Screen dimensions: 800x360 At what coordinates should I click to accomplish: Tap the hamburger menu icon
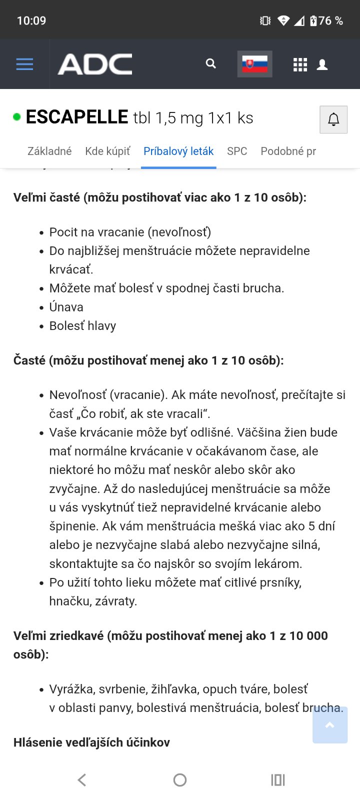pos(24,64)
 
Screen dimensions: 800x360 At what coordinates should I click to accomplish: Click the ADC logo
pos(95,64)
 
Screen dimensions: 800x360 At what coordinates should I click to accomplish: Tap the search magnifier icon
pos(211,64)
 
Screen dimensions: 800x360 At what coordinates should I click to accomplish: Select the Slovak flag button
pos(254,64)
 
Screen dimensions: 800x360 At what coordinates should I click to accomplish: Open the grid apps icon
pos(300,64)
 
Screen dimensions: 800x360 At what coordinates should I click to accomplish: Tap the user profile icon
pos(322,64)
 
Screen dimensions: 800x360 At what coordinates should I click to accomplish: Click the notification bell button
pos(333,119)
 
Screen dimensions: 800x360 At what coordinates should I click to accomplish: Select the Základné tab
pos(49,151)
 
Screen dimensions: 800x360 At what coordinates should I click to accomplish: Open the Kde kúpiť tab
pos(107,151)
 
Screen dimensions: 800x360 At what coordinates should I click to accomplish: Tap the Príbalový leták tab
pos(178,151)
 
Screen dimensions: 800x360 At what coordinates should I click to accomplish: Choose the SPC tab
pos(237,151)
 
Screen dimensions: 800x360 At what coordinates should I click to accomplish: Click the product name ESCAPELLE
pos(77,117)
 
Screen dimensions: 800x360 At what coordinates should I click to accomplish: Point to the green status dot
pos(17,117)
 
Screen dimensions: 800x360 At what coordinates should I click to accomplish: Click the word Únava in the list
pos(66,307)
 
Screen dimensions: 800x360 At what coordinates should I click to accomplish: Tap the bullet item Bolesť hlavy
pos(82,326)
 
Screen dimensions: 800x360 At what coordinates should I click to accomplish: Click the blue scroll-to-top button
pos(330,725)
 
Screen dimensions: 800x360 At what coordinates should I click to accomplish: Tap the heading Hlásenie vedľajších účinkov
pos(91,742)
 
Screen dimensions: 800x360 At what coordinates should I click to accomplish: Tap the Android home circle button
pos(180,780)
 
